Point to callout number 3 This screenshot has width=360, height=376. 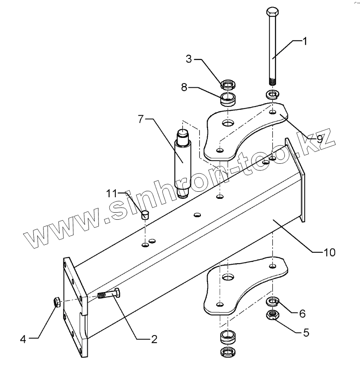[x=189, y=59]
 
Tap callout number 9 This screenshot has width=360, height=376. [x=320, y=139]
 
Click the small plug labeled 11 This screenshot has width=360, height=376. [x=144, y=215]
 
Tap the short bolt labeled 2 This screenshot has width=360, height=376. [x=110, y=295]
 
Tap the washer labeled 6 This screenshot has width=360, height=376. [x=273, y=301]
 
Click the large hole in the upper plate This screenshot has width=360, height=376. [x=228, y=123]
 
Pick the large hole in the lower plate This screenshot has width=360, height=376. [x=228, y=277]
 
